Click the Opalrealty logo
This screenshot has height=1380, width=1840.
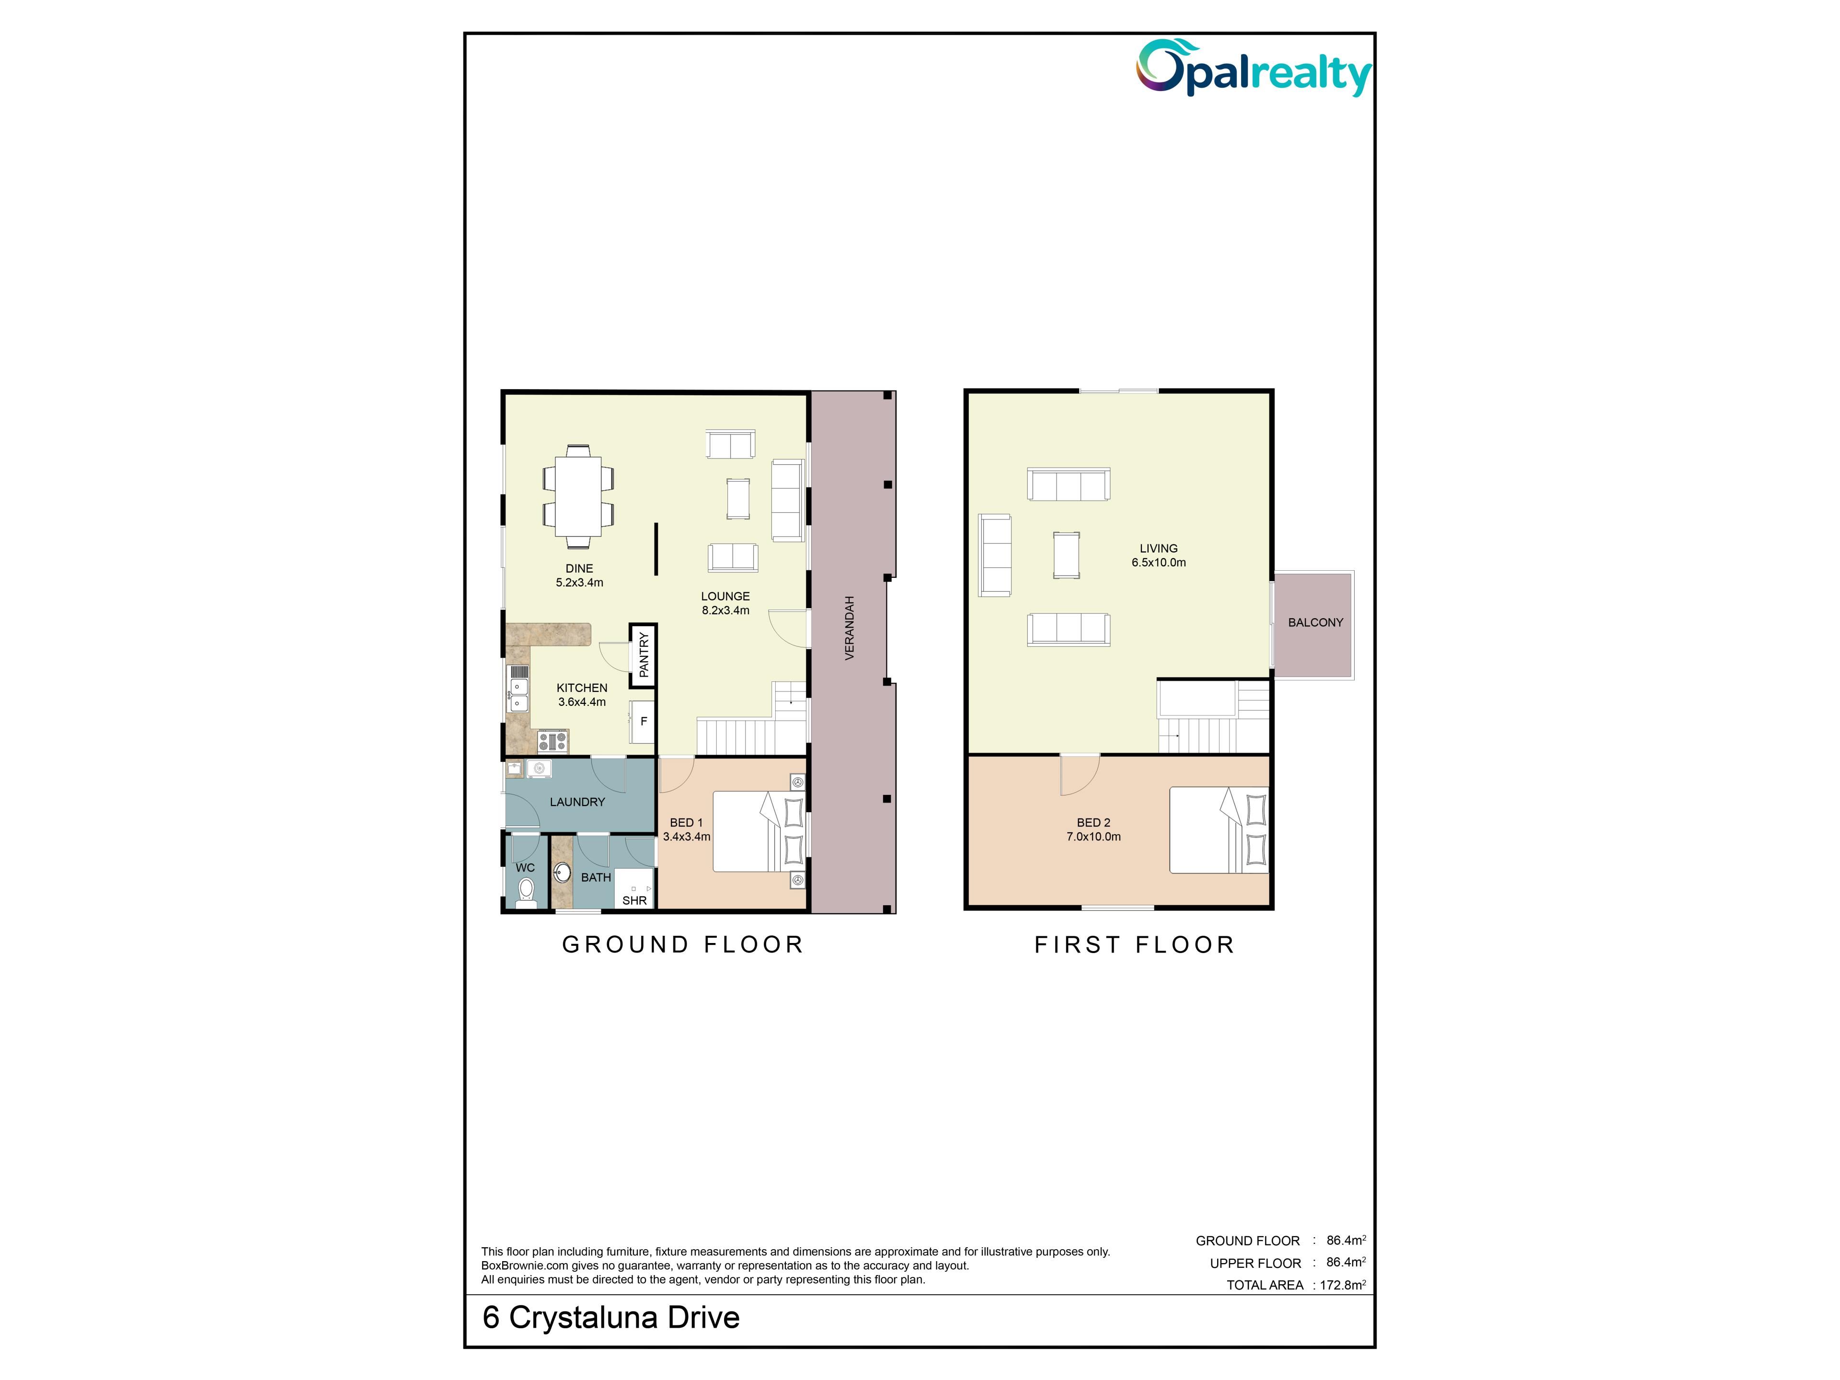point(1253,68)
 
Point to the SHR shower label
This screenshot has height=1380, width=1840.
point(635,900)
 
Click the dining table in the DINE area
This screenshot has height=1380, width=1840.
point(579,496)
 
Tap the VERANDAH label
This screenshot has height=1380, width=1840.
point(849,628)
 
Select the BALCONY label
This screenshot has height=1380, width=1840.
point(1315,622)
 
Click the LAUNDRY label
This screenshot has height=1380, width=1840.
point(577,802)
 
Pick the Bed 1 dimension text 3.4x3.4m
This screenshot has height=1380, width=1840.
point(686,837)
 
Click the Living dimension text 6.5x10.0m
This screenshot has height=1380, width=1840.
point(1159,563)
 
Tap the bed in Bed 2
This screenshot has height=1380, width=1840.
point(1219,830)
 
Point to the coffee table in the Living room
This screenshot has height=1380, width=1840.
point(1067,555)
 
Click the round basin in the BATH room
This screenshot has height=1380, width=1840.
point(563,874)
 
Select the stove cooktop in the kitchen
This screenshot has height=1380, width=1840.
point(552,740)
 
